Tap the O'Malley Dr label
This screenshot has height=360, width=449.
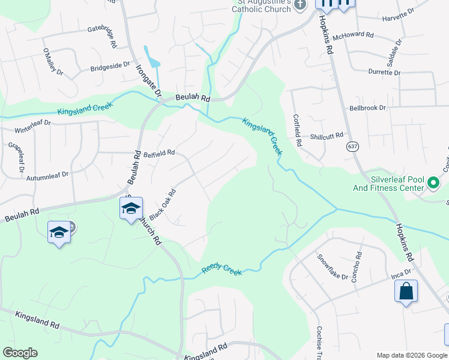point(52,62)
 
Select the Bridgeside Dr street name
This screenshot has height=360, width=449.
point(110,65)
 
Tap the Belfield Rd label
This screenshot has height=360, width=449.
point(159,153)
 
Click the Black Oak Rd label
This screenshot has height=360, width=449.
point(162,205)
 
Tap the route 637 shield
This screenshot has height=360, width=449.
point(352,146)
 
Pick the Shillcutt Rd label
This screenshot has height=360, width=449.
point(327,136)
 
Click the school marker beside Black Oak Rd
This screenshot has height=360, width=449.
point(131,208)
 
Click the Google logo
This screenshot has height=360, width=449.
point(20,353)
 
